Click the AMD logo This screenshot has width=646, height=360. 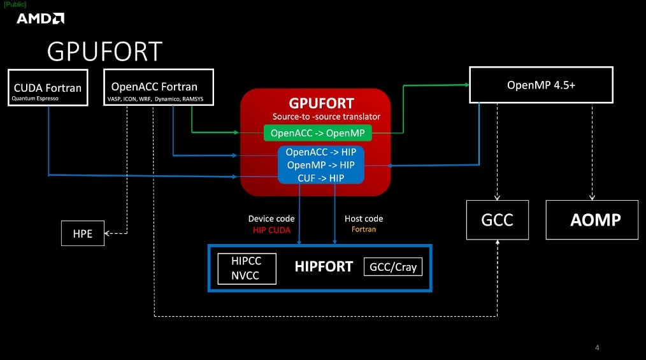click(x=40, y=18)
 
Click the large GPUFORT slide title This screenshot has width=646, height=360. click(x=105, y=52)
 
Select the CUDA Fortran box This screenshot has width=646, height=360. click(x=48, y=87)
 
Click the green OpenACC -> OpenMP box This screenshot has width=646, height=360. click(x=317, y=133)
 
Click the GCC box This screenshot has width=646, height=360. click(x=497, y=220)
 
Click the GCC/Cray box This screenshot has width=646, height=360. click(x=393, y=266)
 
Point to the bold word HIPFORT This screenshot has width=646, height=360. click(x=324, y=266)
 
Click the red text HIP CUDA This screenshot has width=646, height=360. click(x=271, y=229)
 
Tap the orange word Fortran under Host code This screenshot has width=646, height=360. click(x=364, y=229)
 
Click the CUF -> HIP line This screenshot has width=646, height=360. click(x=320, y=178)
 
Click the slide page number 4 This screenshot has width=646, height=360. click(x=597, y=347)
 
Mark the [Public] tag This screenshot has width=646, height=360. click(x=15, y=4)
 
